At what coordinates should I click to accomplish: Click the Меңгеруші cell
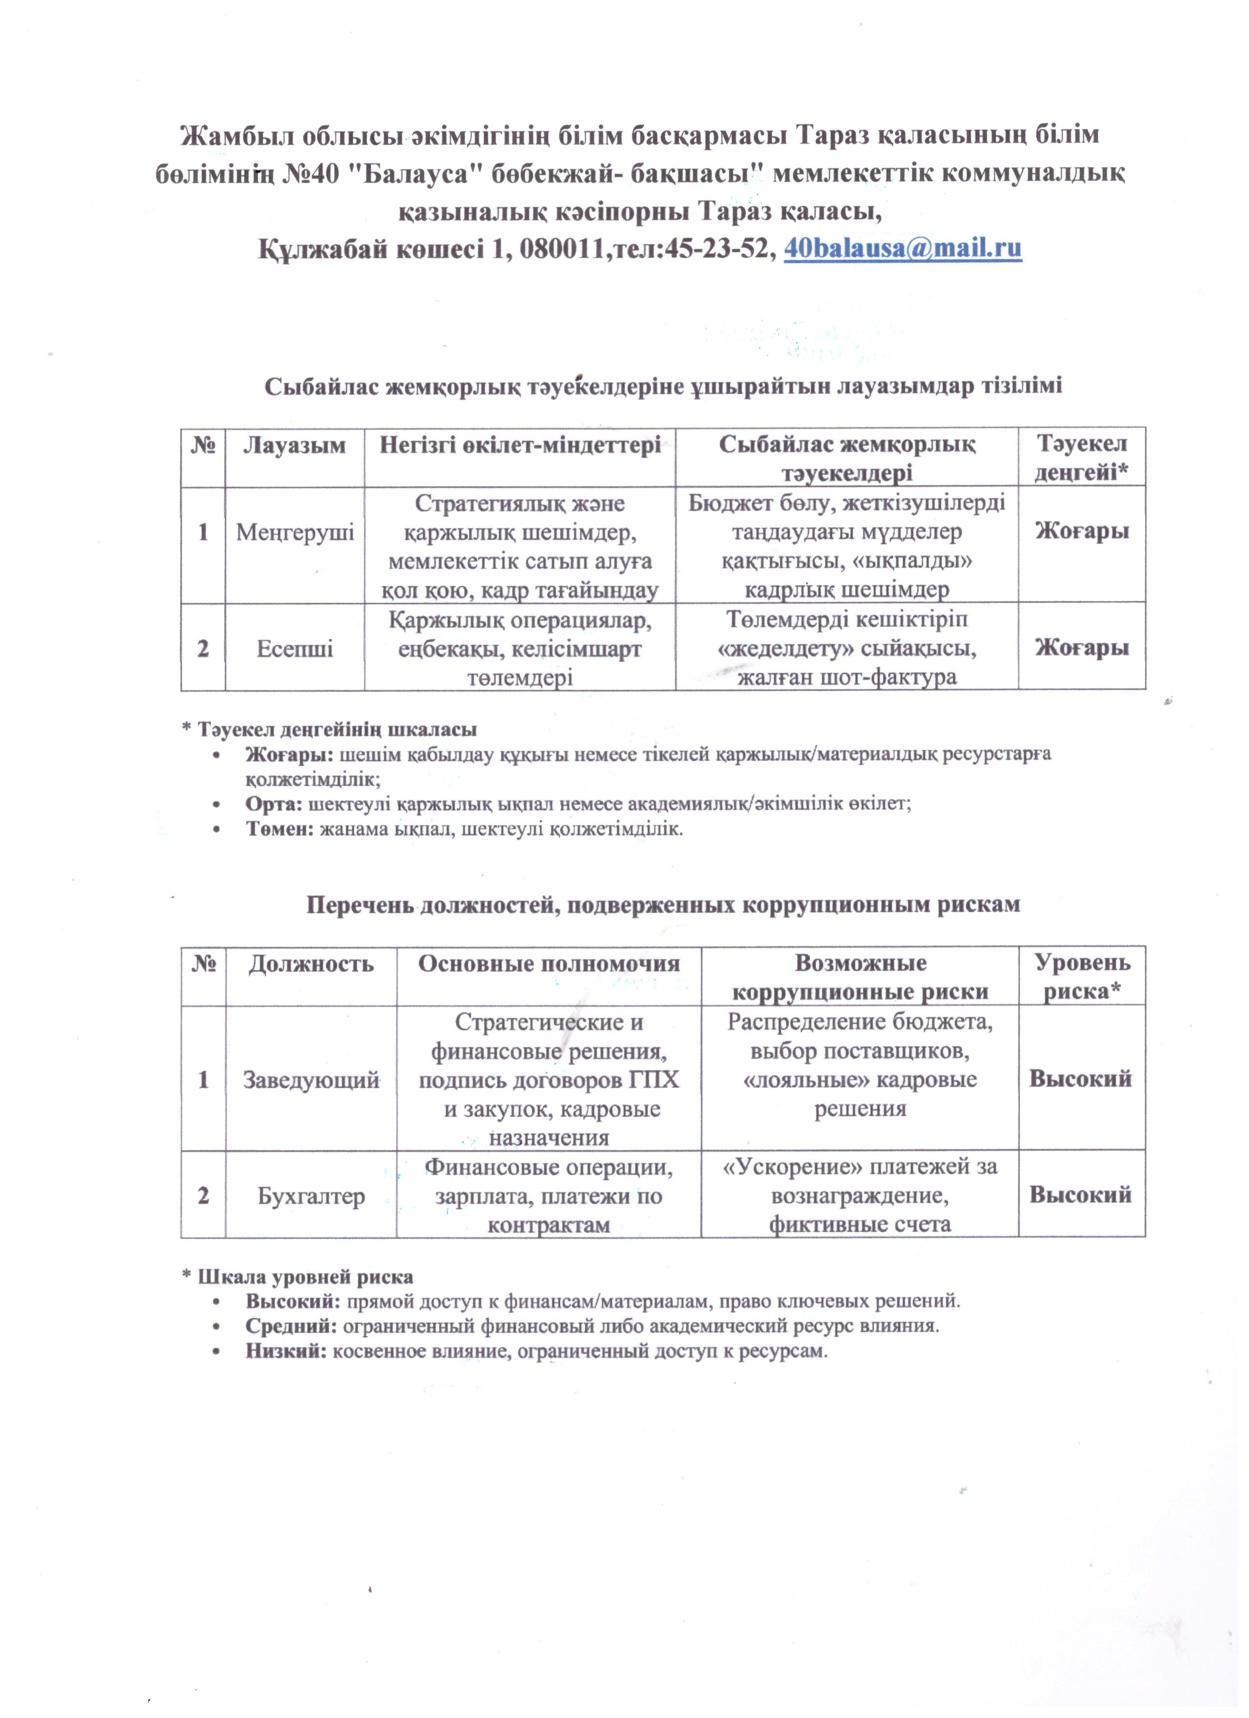295,533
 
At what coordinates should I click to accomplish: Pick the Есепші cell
295,649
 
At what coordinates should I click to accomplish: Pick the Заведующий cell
311,1080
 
